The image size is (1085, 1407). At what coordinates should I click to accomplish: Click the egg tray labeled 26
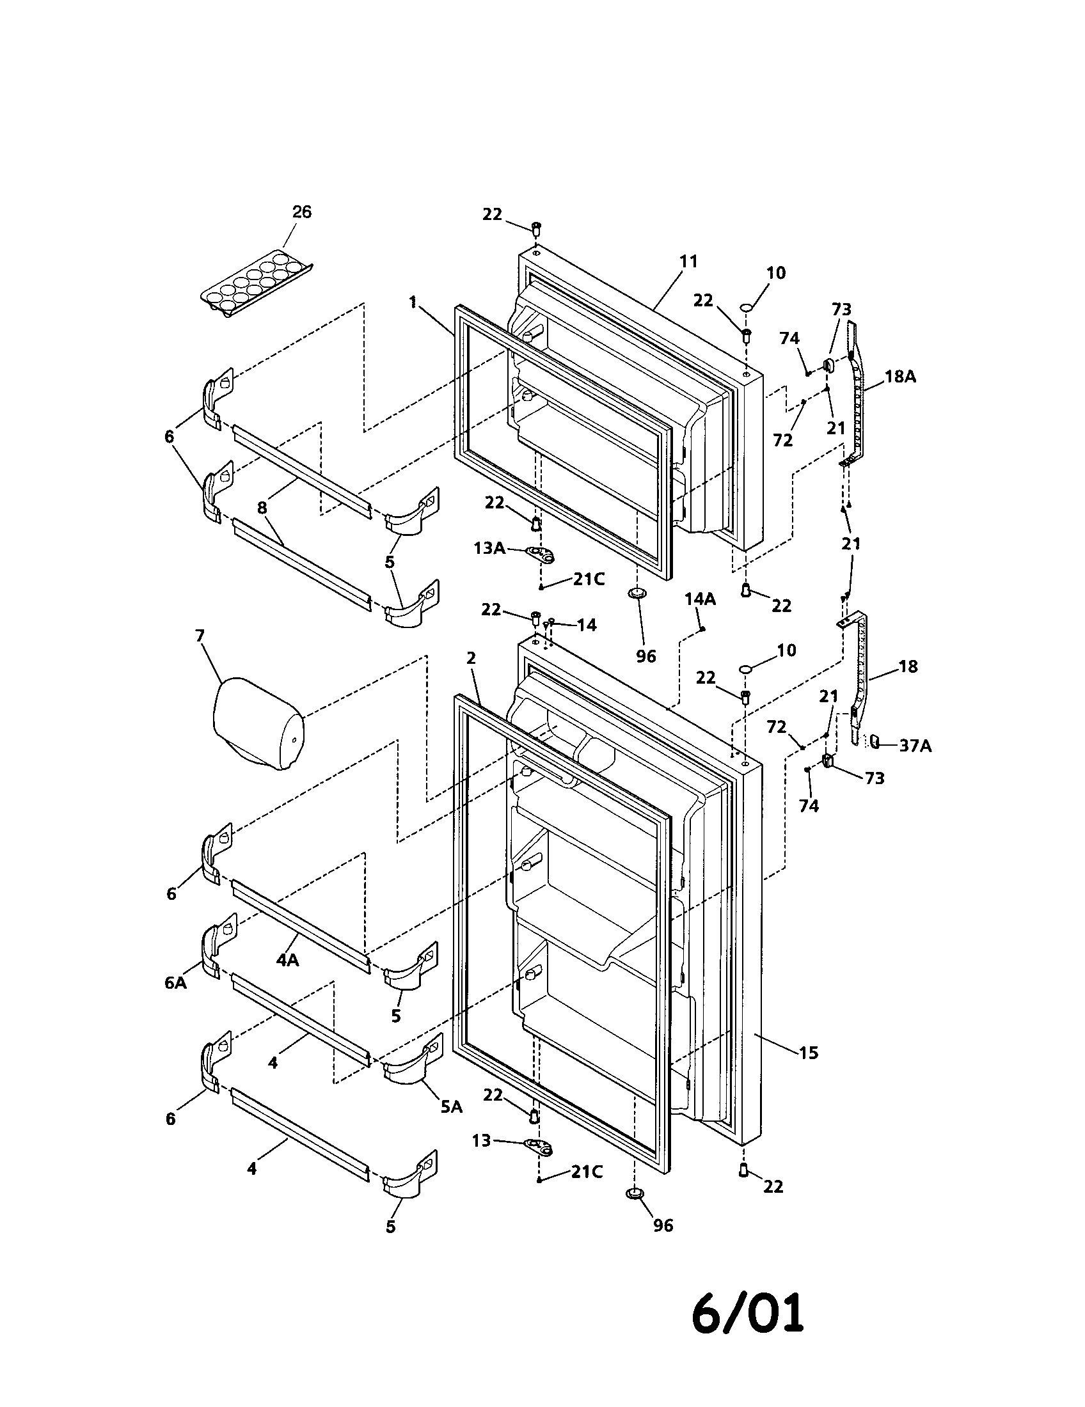pyautogui.click(x=255, y=285)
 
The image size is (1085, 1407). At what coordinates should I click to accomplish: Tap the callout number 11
pyautogui.click(x=688, y=262)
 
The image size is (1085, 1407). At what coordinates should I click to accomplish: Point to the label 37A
pyautogui.click(x=915, y=746)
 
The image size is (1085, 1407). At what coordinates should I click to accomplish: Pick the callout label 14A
pyautogui.click(x=700, y=599)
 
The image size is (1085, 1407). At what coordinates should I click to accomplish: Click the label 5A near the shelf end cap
pyautogui.click(x=452, y=1107)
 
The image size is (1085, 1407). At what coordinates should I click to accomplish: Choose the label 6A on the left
pyautogui.click(x=175, y=983)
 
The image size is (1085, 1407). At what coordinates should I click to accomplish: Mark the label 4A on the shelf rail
pyautogui.click(x=287, y=960)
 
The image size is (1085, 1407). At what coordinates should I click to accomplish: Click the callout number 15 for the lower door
pyautogui.click(x=808, y=1053)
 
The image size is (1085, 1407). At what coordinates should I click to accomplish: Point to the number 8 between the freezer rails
pyautogui.click(x=262, y=508)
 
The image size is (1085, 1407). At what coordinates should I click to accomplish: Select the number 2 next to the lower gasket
pyautogui.click(x=471, y=658)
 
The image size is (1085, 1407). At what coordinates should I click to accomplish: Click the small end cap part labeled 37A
pyautogui.click(x=875, y=741)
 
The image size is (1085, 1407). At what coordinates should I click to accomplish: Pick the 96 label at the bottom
pyautogui.click(x=663, y=1225)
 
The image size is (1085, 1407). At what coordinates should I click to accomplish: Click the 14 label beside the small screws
pyautogui.click(x=586, y=624)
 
